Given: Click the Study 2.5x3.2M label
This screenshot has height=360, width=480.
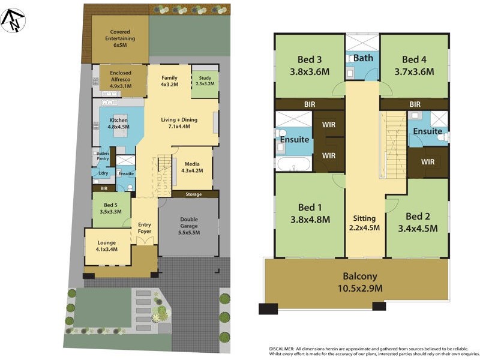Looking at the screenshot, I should click(x=205, y=81).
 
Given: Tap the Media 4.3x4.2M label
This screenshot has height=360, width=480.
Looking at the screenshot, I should click(x=192, y=167).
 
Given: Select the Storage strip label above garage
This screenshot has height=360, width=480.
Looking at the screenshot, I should click(x=193, y=194).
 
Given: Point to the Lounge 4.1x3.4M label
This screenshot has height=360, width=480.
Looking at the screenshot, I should click(x=106, y=245).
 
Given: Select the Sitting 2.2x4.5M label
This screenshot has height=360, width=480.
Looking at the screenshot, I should click(x=364, y=223).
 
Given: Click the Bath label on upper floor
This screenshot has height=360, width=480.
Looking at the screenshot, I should click(x=362, y=58).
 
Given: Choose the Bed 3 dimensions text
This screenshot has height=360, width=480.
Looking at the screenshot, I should click(x=310, y=71).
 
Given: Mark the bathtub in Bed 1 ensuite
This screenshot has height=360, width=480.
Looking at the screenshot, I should click(x=293, y=163).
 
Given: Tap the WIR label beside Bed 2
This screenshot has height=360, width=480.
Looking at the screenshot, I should click(x=428, y=162).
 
